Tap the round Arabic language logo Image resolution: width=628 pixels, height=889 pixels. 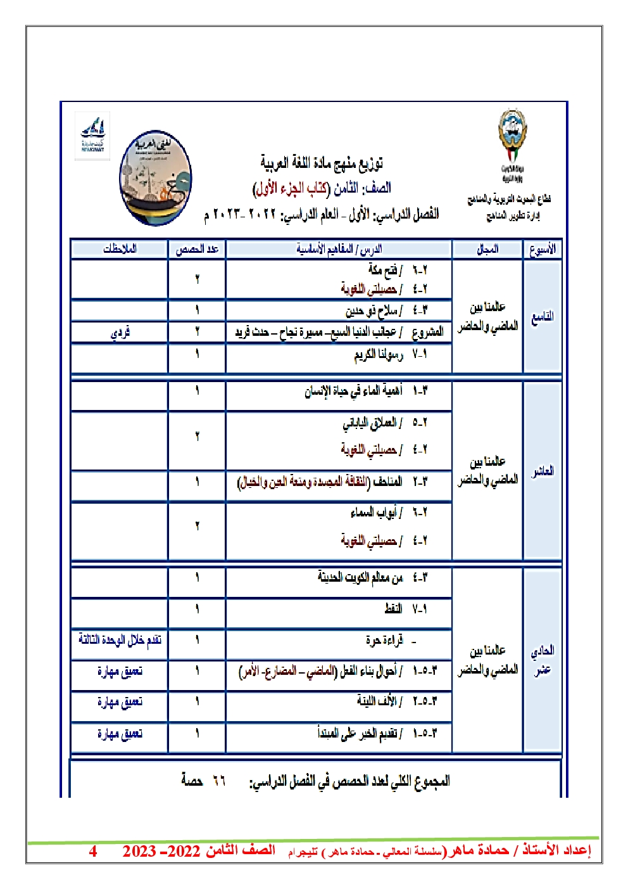click(155, 178)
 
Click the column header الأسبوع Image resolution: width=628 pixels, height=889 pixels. click(543, 249)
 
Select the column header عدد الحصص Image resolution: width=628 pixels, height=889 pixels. click(197, 249)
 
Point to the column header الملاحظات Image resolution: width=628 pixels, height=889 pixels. click(120, 249)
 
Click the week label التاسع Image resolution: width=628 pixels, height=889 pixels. click(543, 316)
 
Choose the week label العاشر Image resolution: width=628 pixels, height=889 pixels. click(543, 471)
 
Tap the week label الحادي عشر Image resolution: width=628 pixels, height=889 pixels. click(543, 660)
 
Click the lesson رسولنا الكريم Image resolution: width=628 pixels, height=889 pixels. click(378, 355)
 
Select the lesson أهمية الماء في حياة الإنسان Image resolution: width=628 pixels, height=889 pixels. click(353, 391)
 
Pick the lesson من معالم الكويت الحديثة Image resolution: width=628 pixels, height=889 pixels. click(360, 577)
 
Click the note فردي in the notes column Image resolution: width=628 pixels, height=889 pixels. click(120, 332)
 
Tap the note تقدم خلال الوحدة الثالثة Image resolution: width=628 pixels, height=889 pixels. click(120, 639)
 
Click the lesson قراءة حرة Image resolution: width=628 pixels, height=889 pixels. click(384, 641)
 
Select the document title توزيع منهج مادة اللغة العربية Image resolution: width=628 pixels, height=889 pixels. click(322, 163)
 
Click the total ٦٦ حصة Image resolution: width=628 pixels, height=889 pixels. click(203, 781)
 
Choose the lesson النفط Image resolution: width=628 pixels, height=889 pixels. click(393, 609)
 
